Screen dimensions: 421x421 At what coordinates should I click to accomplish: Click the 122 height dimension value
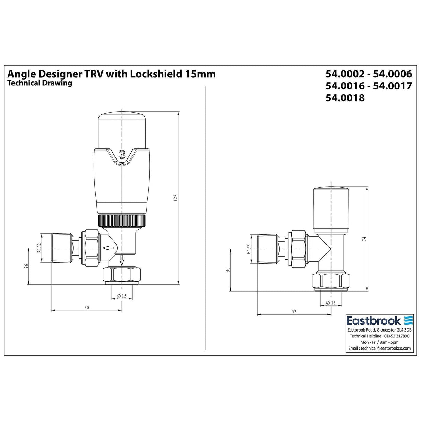point(176,198)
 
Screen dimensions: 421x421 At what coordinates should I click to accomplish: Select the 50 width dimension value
point(86,307)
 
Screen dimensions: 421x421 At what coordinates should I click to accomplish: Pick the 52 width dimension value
point(294,312)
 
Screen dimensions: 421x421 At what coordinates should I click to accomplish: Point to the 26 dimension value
point(26,266)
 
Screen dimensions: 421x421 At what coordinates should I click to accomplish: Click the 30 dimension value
point(228,269)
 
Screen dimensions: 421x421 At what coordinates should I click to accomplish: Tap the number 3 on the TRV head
point(122,154)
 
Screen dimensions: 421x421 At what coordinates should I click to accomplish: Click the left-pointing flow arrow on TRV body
point(109,248)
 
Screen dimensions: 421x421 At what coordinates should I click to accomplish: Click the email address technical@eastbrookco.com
point(380,348)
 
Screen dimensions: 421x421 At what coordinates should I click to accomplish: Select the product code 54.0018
point(345,98)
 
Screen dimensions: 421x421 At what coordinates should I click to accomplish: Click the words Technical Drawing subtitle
point(40,83)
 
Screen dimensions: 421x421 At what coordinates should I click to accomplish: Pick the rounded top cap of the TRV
point(122,130)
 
